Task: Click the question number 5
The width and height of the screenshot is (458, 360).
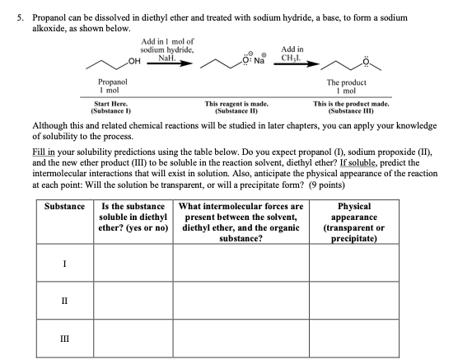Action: (9, 7)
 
